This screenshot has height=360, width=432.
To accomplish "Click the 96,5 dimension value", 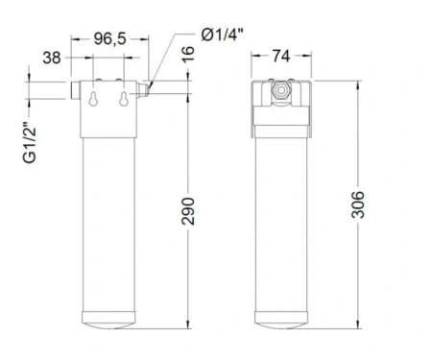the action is pos(110,39).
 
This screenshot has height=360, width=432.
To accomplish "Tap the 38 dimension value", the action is pos(52,58).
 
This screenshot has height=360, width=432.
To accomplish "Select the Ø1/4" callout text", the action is pos(223,35).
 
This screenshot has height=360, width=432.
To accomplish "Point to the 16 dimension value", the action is pos(188,54).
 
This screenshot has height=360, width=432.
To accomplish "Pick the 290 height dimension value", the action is pos(188,211).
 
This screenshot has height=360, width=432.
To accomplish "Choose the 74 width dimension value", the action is pos(281,56).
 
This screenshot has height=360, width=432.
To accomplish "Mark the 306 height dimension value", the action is pos(358,204).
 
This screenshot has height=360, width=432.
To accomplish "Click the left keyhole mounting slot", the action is pos(93,99).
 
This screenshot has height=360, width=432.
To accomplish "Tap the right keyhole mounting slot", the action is pos(124,99).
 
